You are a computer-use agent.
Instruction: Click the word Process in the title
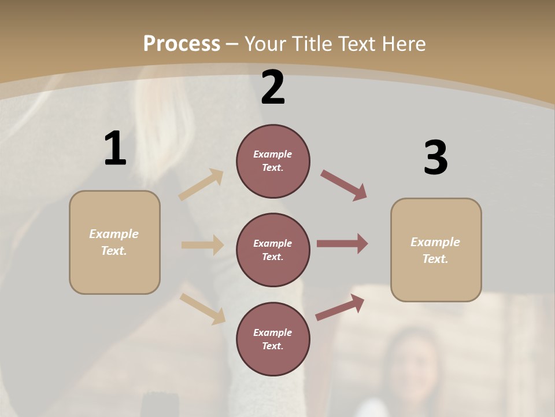182,43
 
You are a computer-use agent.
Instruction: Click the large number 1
115,148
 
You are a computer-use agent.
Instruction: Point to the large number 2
273,87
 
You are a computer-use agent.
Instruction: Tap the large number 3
435,158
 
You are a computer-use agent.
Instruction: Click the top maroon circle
273,160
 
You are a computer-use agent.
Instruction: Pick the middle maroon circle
273,250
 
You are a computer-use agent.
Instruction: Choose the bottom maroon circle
273,339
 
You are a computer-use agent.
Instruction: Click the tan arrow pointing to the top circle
201,185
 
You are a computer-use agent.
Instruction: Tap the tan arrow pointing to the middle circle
202,245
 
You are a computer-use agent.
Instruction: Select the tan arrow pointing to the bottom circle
202,308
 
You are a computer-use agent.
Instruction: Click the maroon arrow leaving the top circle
343,185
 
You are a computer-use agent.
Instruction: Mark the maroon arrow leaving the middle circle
342,244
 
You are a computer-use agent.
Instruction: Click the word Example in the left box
114,234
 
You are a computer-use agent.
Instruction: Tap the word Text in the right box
435,259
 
